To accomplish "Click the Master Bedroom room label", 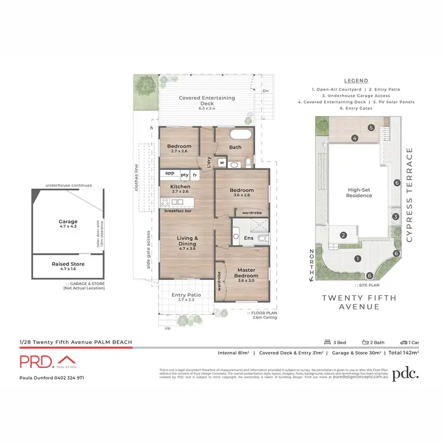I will click(246, 273).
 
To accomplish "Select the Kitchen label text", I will click(180, 188).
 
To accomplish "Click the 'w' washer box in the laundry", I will click(222, 163).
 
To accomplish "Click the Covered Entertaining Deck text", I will click(207, 101).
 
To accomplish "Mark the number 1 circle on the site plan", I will click(357, 259).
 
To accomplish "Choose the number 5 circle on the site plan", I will click(371, 127).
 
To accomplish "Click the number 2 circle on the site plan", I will click(343, 236).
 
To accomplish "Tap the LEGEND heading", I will click(356, 81).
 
